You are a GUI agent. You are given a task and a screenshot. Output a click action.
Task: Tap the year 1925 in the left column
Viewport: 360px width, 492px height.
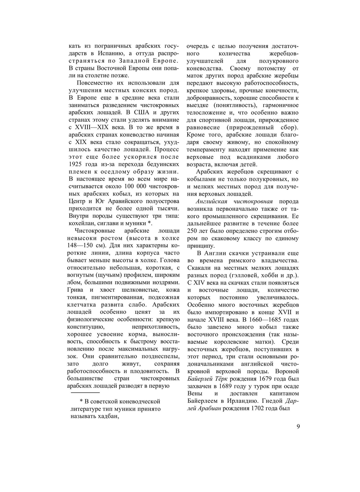pyautogui.click(x=76, y=164)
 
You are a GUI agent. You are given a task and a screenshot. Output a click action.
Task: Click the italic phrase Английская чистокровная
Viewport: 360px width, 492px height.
pyautogui.click(x=234, y=201)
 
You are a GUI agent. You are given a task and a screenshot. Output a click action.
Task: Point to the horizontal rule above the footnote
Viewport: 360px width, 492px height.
pyautogui.click(x=85, y=392)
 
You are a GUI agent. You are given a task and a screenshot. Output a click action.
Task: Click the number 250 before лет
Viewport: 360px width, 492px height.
pyautogui.click(x=193, y=231)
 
